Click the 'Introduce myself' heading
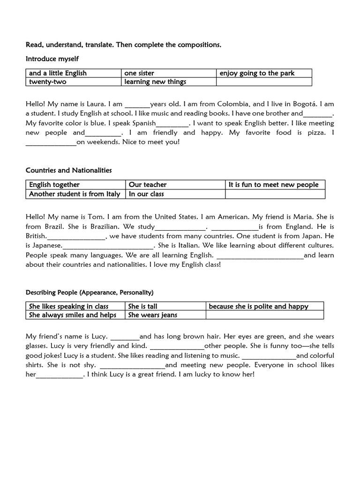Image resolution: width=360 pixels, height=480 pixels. (x=52, y=59)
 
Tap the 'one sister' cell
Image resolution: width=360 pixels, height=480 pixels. (x=139, y=73)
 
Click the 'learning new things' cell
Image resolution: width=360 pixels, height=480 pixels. (x=155, y=82)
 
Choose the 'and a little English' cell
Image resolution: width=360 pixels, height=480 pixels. (x=58, y=73)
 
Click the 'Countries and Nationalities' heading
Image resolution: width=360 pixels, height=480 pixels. (x=68, y=170)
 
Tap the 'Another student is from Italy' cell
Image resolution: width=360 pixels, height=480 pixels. (x=75, y=194)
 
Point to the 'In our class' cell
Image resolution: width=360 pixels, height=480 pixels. (x=146, y=194)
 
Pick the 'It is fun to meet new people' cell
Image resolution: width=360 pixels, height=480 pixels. (x=273, y=185)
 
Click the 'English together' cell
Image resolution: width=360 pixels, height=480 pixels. (x=54, y=185)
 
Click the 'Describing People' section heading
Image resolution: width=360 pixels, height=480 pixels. (x=90, y=292)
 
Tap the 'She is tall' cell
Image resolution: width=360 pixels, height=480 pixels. (x=143, y=307)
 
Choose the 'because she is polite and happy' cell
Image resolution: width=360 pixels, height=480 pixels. (x=259, y=307)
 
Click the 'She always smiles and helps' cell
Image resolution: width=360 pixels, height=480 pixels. (x=73, y=315)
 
